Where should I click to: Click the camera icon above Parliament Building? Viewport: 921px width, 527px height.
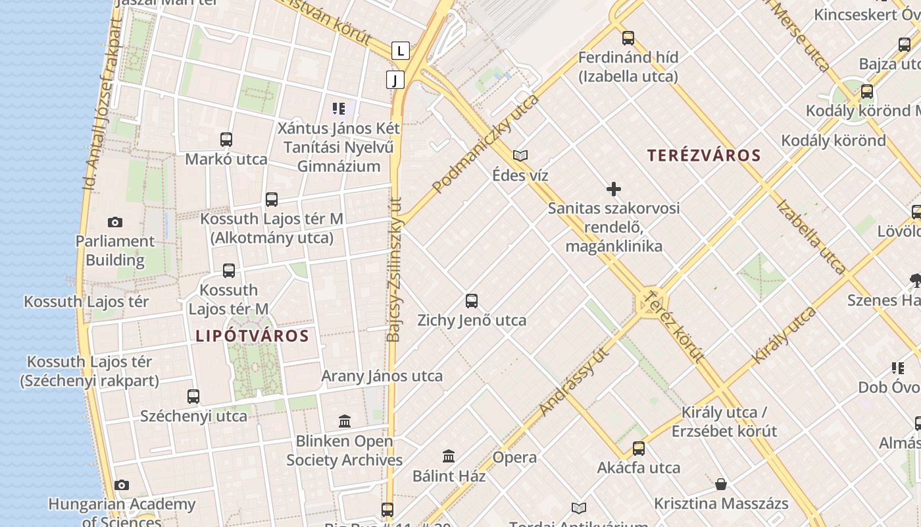click(x=115, y=223)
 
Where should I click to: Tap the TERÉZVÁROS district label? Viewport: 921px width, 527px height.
click(x=704, y=156)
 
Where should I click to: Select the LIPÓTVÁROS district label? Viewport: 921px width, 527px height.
click(x=252, y=336)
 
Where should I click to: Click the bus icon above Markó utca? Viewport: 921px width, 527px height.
click(x=226, y=140)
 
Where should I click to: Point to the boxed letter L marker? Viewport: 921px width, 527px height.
click(x=400, y=50)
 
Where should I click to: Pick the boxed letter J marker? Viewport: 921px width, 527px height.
click(x=395, y=80)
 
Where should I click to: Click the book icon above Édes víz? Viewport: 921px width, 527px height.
click(x=520, y=156)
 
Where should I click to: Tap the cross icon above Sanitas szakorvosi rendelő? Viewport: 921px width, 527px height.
click(x=614, y=190)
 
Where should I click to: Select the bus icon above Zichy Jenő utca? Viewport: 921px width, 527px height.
click(x=472, y=301)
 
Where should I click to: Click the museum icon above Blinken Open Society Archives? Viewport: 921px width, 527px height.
click(x=344, y=422)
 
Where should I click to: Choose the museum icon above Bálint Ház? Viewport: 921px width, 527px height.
click(x=449, y=456)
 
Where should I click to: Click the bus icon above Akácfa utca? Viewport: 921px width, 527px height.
click(x=639, y=449)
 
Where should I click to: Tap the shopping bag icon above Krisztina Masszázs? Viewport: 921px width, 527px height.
click(x=721, y=485)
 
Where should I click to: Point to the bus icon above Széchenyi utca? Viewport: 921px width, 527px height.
click(x=193, y=397)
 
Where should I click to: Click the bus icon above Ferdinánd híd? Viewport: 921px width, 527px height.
click(x=628, y=38)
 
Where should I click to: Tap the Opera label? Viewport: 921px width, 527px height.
click(x=514, y=457)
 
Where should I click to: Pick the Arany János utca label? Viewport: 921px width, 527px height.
click(x=382, y=376)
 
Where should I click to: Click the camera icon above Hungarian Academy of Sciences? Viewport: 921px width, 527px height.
click(x=122, y=485)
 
